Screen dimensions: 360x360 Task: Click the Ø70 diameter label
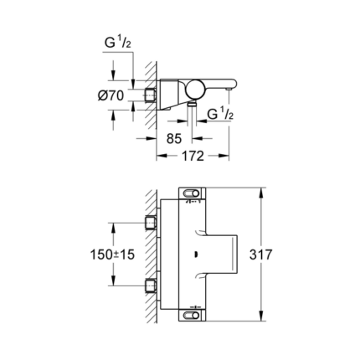111,95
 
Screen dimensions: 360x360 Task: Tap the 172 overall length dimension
193,157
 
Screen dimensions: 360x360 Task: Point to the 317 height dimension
262,255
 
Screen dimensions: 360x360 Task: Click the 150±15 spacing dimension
111,255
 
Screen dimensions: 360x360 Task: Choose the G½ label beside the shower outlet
220,114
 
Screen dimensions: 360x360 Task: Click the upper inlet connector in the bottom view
152,222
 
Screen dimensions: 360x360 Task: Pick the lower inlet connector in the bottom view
152,286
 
